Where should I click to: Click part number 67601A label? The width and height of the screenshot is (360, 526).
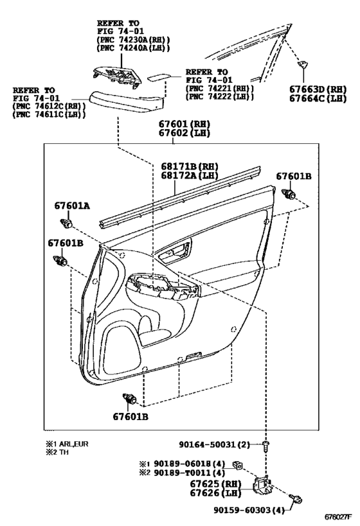(x=72, y=206)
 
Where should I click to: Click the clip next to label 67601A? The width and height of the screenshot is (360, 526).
(x=66, y=223)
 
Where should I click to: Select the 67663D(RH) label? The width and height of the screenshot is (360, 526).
(x=318, y=89)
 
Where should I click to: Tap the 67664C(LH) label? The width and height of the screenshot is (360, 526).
(x=318, y=99)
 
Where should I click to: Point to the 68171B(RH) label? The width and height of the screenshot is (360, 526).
(x=190, y=166)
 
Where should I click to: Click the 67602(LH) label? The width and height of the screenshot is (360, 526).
(x=184, y=133)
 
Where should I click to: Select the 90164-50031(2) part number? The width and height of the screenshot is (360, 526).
(x=214, y=445)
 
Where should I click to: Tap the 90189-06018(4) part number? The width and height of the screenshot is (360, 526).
(x=189, y=464)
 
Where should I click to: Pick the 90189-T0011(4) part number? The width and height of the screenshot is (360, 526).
(x=189, y=473)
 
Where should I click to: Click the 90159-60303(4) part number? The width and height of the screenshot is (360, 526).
(x=249, y=510)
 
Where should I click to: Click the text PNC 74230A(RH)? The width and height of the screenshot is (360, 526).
(x=133, y=40)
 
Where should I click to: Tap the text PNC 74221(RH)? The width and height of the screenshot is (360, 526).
(x=220, y=89)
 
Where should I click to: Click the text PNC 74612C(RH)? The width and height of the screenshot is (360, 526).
(x=49, y=107)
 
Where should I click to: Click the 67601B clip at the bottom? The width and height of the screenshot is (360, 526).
(x=130, y=399)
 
